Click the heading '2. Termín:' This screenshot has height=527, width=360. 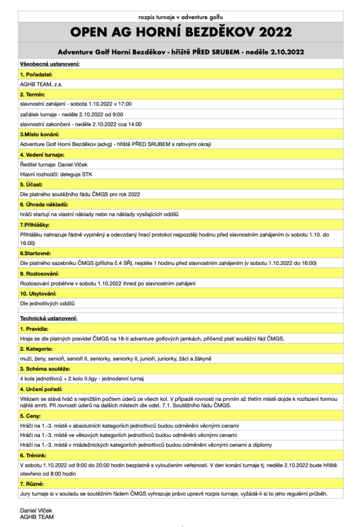pos(32,95)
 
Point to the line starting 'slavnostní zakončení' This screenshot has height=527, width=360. pos(81,124)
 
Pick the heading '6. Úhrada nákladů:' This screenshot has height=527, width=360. pos(44,204)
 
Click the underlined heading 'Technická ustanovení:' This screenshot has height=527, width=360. pos(48,319)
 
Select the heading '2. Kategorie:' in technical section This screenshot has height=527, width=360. pos(37,348)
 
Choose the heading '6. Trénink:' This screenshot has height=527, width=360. pos(35,455)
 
